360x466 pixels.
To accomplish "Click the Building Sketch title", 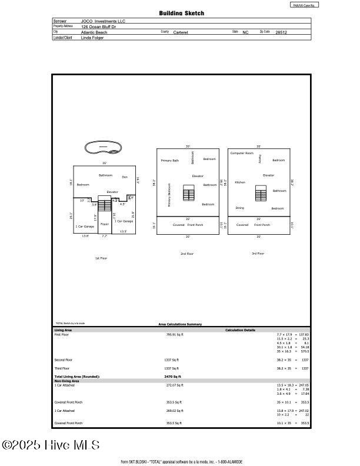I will point(182,13).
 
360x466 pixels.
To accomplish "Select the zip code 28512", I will point(281,32).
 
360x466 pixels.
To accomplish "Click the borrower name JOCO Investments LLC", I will point(103,21).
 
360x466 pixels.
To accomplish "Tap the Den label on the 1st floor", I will point(125,177).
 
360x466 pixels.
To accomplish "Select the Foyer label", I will point(105,224).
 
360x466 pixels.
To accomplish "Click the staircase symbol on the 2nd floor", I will point(189,193).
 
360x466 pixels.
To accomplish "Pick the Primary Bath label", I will point(170,160).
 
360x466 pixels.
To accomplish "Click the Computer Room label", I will point(242,153).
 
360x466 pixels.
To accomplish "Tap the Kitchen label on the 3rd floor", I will point(240,182).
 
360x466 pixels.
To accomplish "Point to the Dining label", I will point(240,208).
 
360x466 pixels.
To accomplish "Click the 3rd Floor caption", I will point(258,254).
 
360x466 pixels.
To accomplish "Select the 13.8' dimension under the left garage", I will point(85,235).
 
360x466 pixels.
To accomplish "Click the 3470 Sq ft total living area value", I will point(172,377).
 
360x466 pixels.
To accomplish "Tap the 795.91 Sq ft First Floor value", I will point(174,334).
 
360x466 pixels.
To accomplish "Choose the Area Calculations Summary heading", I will point(180,324).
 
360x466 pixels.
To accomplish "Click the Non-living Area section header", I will point(67,381).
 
